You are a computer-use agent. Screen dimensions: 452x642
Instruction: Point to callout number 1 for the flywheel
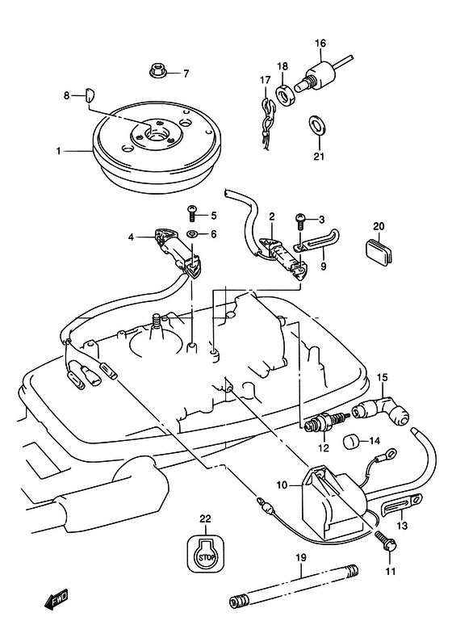coord(58,152)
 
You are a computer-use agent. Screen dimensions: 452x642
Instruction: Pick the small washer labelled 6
coord(192,234)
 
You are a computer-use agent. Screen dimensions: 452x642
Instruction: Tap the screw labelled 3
coord(300,221)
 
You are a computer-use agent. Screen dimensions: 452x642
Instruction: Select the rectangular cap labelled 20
coord(379,251)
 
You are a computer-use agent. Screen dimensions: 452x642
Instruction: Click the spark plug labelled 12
coord(324,422)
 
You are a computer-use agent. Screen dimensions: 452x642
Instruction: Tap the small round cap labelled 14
coord(350,443)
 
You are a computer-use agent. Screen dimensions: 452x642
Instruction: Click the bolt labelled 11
coord(384,543)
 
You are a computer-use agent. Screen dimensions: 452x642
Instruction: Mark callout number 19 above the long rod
coord(301,558)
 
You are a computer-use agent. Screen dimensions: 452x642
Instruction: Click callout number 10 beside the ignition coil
coord(282,485)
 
